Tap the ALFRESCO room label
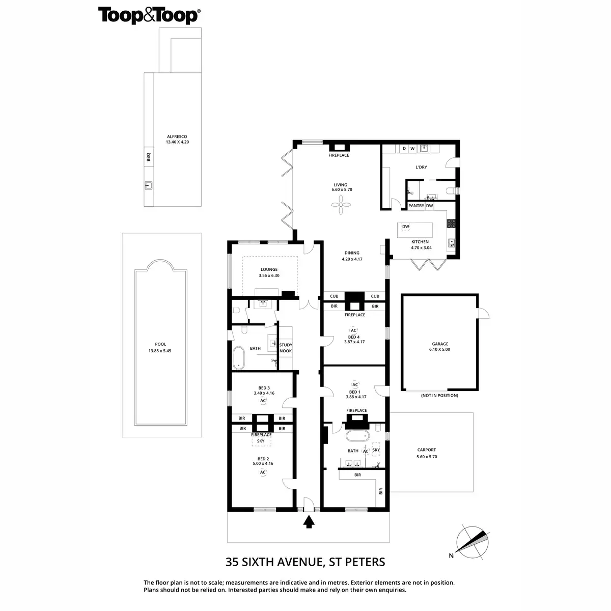click(177, 137)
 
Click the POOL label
click(160, 345)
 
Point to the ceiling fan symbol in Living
click(340, 206)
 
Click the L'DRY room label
click(421, 167)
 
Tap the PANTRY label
click(416, 206)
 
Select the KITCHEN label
click(420, 242)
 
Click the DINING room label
click(351, 253)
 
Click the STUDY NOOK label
click(286, 348)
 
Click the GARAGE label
click(440, 344)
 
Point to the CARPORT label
click(426, 450)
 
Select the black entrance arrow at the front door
click(309, 522)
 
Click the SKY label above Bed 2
click(260, 441)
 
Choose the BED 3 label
click(264, 388)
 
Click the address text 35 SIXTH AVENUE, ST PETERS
click(305, 562)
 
